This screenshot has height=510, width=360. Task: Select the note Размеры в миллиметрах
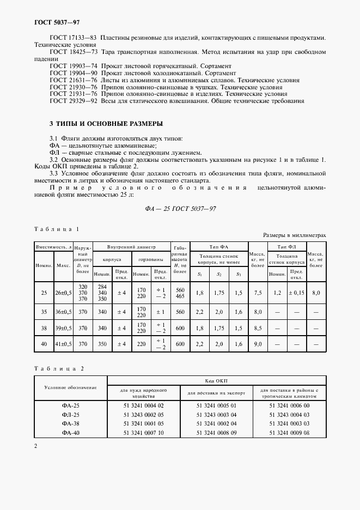[x=294, y=235]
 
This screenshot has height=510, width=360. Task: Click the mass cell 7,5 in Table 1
[x=258, y=293]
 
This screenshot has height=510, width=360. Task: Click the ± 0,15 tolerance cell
[x=297, y=293]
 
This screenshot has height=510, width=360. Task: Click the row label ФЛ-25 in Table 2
[x=71, y=415]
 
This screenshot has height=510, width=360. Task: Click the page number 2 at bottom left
[x=36, y=446]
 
